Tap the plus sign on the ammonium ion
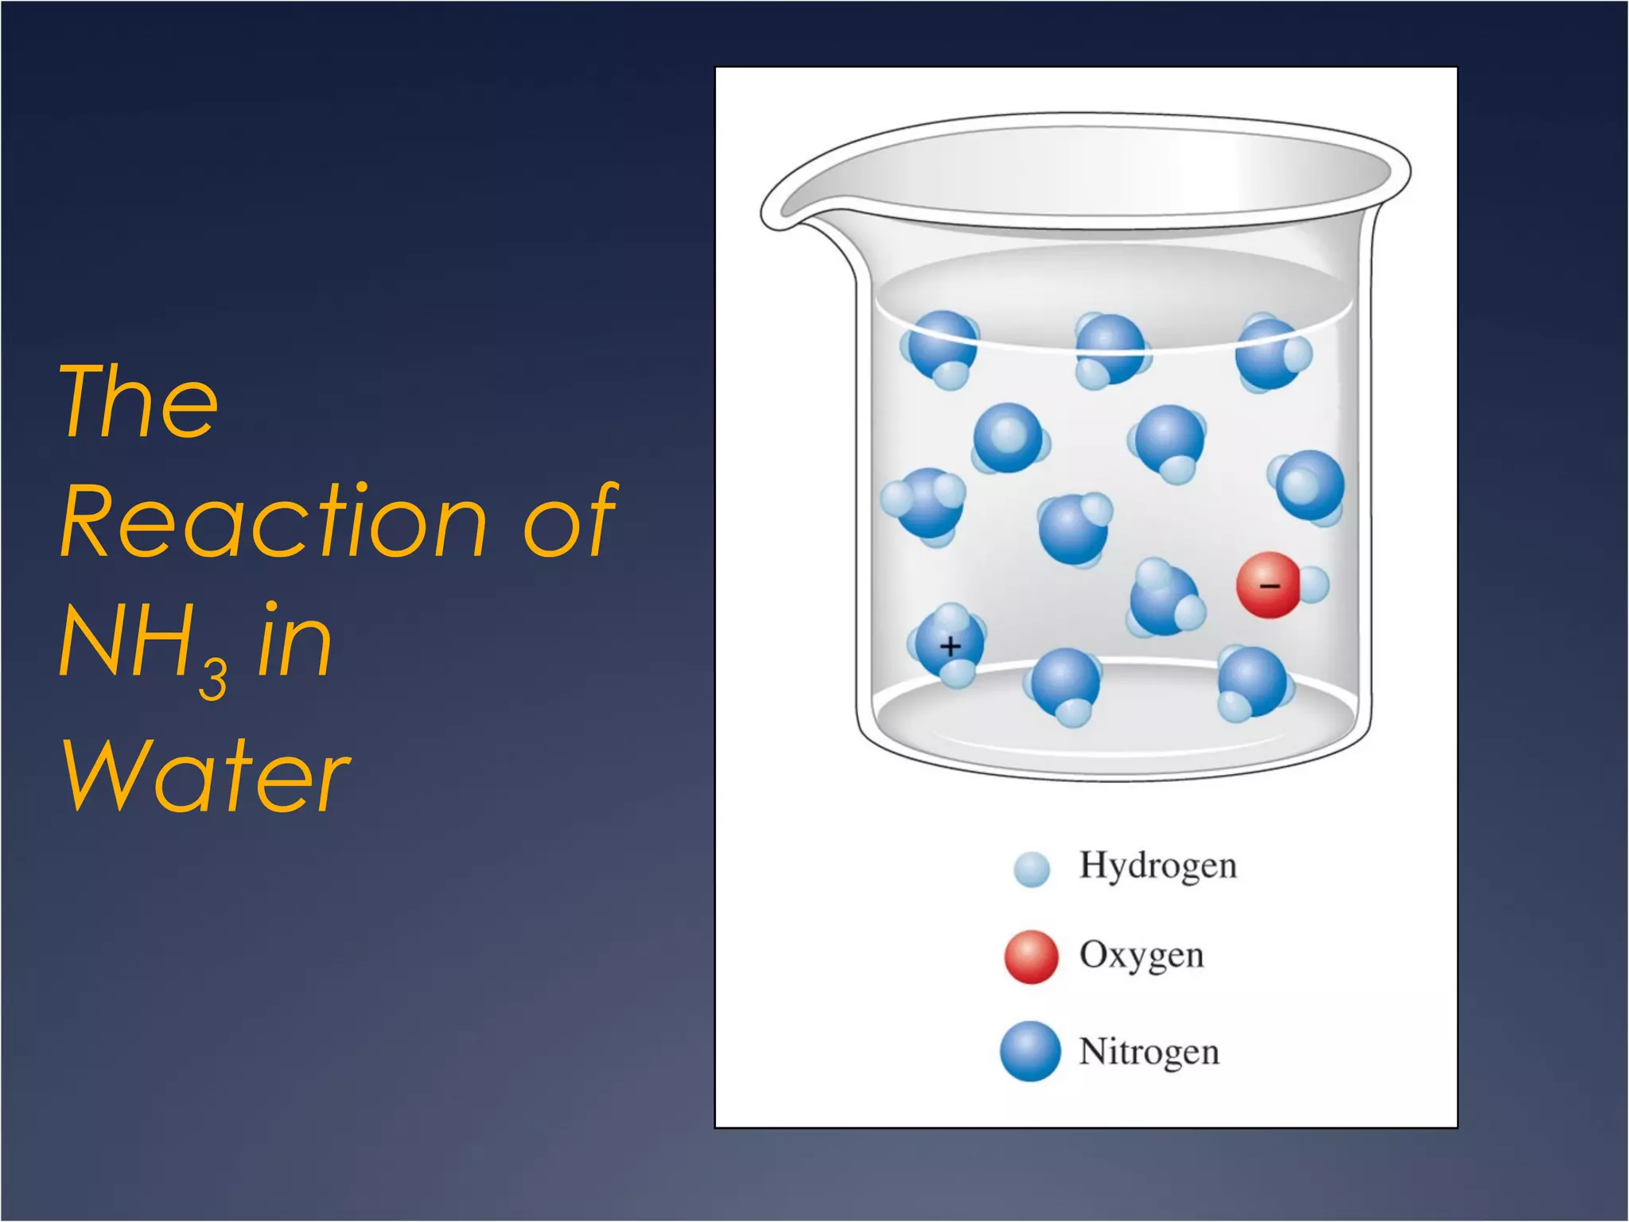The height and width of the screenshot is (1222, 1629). pyautogui.click(x=950, y=646)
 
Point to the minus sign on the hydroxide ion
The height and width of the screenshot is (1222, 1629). pyautogui.click(x=1269, y=586)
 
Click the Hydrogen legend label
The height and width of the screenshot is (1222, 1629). pyautogui.click(x=1157, y=866)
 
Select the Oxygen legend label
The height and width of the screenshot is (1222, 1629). pyautogui.click(x=1141, y=955)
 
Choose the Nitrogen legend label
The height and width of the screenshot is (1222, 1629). pyautogui.click(x=1149, y=1052)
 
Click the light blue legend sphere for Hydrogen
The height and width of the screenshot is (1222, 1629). pyautogui.click(x=1032, y=869)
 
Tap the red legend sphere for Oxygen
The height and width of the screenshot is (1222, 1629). pyautogui.click(x=1031, y=956)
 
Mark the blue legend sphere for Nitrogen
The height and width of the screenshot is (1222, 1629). pyautogui.click(x=1030, y=1051)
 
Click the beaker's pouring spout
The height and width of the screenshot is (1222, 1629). pyautogui.click(x=787, y=211)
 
